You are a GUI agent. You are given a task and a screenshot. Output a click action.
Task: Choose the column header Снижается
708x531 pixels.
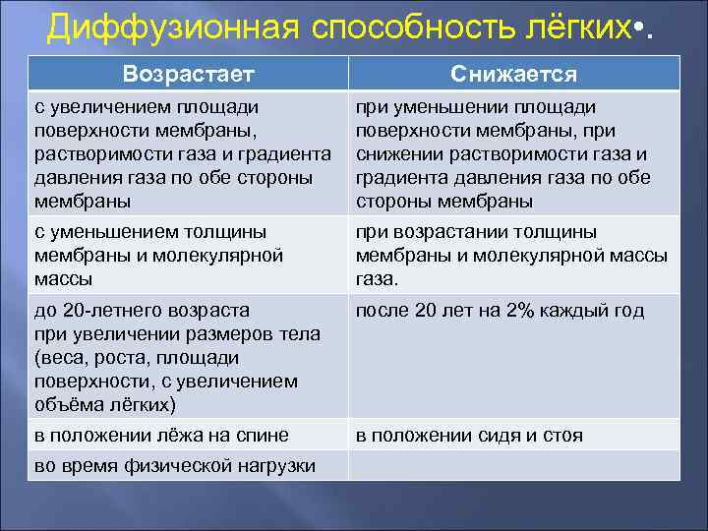(513, 75)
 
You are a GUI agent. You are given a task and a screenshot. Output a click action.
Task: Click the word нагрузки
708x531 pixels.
(271, 465)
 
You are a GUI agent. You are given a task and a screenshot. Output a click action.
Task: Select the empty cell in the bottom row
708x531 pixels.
(513, 465)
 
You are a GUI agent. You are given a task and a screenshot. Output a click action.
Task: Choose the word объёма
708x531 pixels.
(67, 404)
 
